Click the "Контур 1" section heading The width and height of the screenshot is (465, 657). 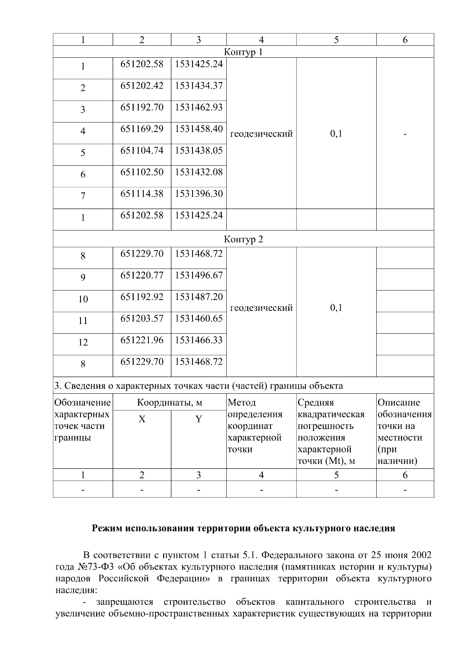[x=243, y=52]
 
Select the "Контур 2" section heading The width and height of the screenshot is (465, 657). [x=243, y=239]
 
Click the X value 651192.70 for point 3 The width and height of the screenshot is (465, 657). [x=142, y=107]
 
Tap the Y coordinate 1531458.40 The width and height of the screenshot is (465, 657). [x=199, y=129]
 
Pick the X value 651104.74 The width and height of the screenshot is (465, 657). [x=142, y=151]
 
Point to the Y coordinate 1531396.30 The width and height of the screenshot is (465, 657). [x=199, y=194]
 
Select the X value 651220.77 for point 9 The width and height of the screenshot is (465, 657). [x=142, y=275]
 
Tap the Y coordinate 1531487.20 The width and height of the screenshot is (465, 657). [x=199, y=297]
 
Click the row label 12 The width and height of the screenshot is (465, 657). [x=83, y=342]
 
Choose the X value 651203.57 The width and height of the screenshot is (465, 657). [x=142, y=319]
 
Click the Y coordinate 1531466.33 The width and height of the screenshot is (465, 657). [x=199, y=340]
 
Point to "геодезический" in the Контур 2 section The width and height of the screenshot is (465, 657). [x=261, y=308]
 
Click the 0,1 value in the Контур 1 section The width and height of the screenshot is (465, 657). [x=336, y=134]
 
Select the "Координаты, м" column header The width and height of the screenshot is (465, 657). [x=170, y=403]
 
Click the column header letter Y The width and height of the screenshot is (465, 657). [x=198, y=419]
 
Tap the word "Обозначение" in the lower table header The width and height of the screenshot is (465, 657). [x=83, y=403]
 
